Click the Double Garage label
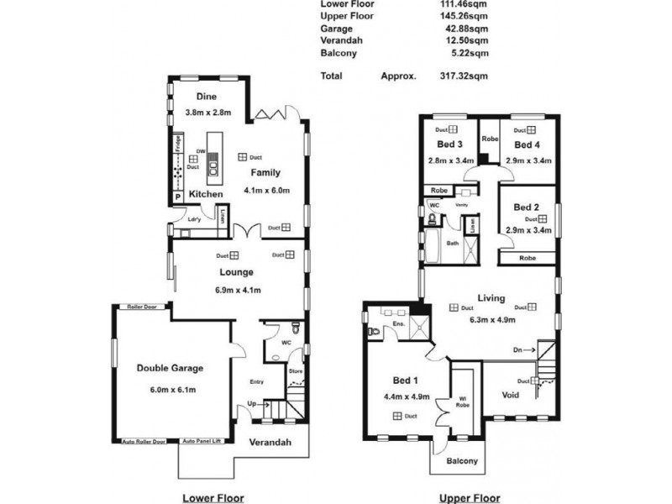pyautogui.click(x=170, y=367)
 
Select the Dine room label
pyautogui.click(x=207, y=96)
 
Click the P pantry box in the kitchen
pyautogui.click(x=178, y=197)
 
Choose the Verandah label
pyautogui.click(x=270, y=443)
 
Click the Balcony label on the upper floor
pyautogui.click(x=461, y=460)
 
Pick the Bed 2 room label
pyautogui.click(x=525, y=207)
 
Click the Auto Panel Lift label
pyautogui.click(x=202, y=441)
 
